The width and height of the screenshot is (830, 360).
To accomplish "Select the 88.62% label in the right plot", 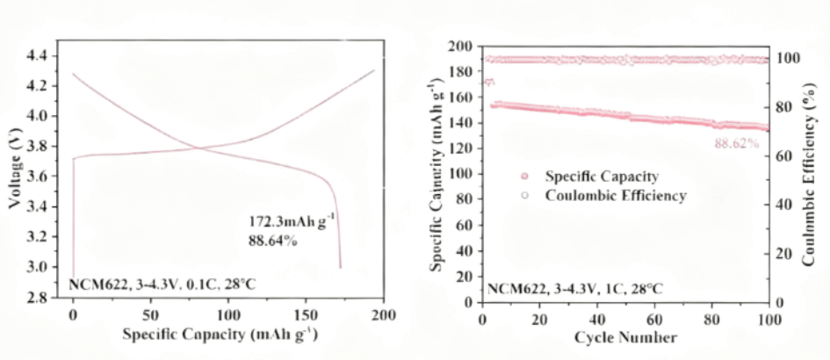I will point(736,143).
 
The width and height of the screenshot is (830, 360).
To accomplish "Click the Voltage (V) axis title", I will point(14,176).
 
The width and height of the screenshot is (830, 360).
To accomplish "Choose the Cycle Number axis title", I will point(625,337).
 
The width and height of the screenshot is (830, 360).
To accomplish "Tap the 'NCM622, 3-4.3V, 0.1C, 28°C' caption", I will point(162,285).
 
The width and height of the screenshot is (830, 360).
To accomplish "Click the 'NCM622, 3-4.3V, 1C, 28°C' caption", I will point(575,288).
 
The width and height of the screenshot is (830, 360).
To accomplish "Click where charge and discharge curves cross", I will point(199,148).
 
